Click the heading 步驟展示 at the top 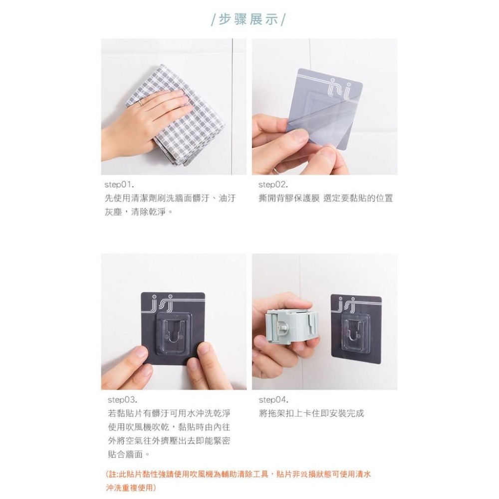coord(248,20)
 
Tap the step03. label coord(122,400)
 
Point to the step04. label coord(274,400)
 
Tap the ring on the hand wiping coord(142,103)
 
